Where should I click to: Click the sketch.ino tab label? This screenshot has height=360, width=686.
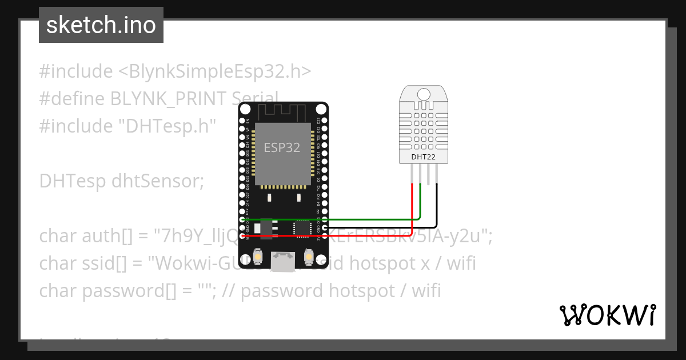coord(101,25)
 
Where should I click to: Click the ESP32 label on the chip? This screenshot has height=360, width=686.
coord(281,147)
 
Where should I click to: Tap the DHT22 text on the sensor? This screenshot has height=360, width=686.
coord(424,157)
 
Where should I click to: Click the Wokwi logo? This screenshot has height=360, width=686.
coord(607,315)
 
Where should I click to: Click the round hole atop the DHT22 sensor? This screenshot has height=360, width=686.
coord(424,94)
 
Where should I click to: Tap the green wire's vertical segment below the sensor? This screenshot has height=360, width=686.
coord(421,200)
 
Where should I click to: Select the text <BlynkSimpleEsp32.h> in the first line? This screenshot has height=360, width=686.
coord(215,71)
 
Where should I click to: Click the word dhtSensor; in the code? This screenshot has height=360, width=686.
coord(158,181)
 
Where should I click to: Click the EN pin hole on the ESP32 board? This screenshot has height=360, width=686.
coord(242,121)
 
